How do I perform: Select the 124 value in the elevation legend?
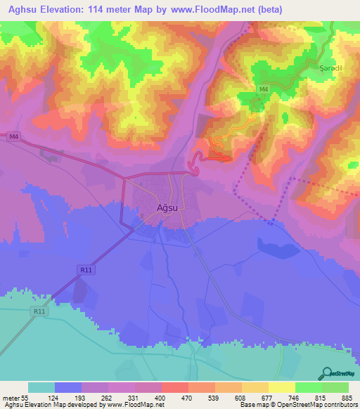68,397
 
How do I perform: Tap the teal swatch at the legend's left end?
41,387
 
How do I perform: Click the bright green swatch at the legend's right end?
335,387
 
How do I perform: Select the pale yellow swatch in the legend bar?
282,387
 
